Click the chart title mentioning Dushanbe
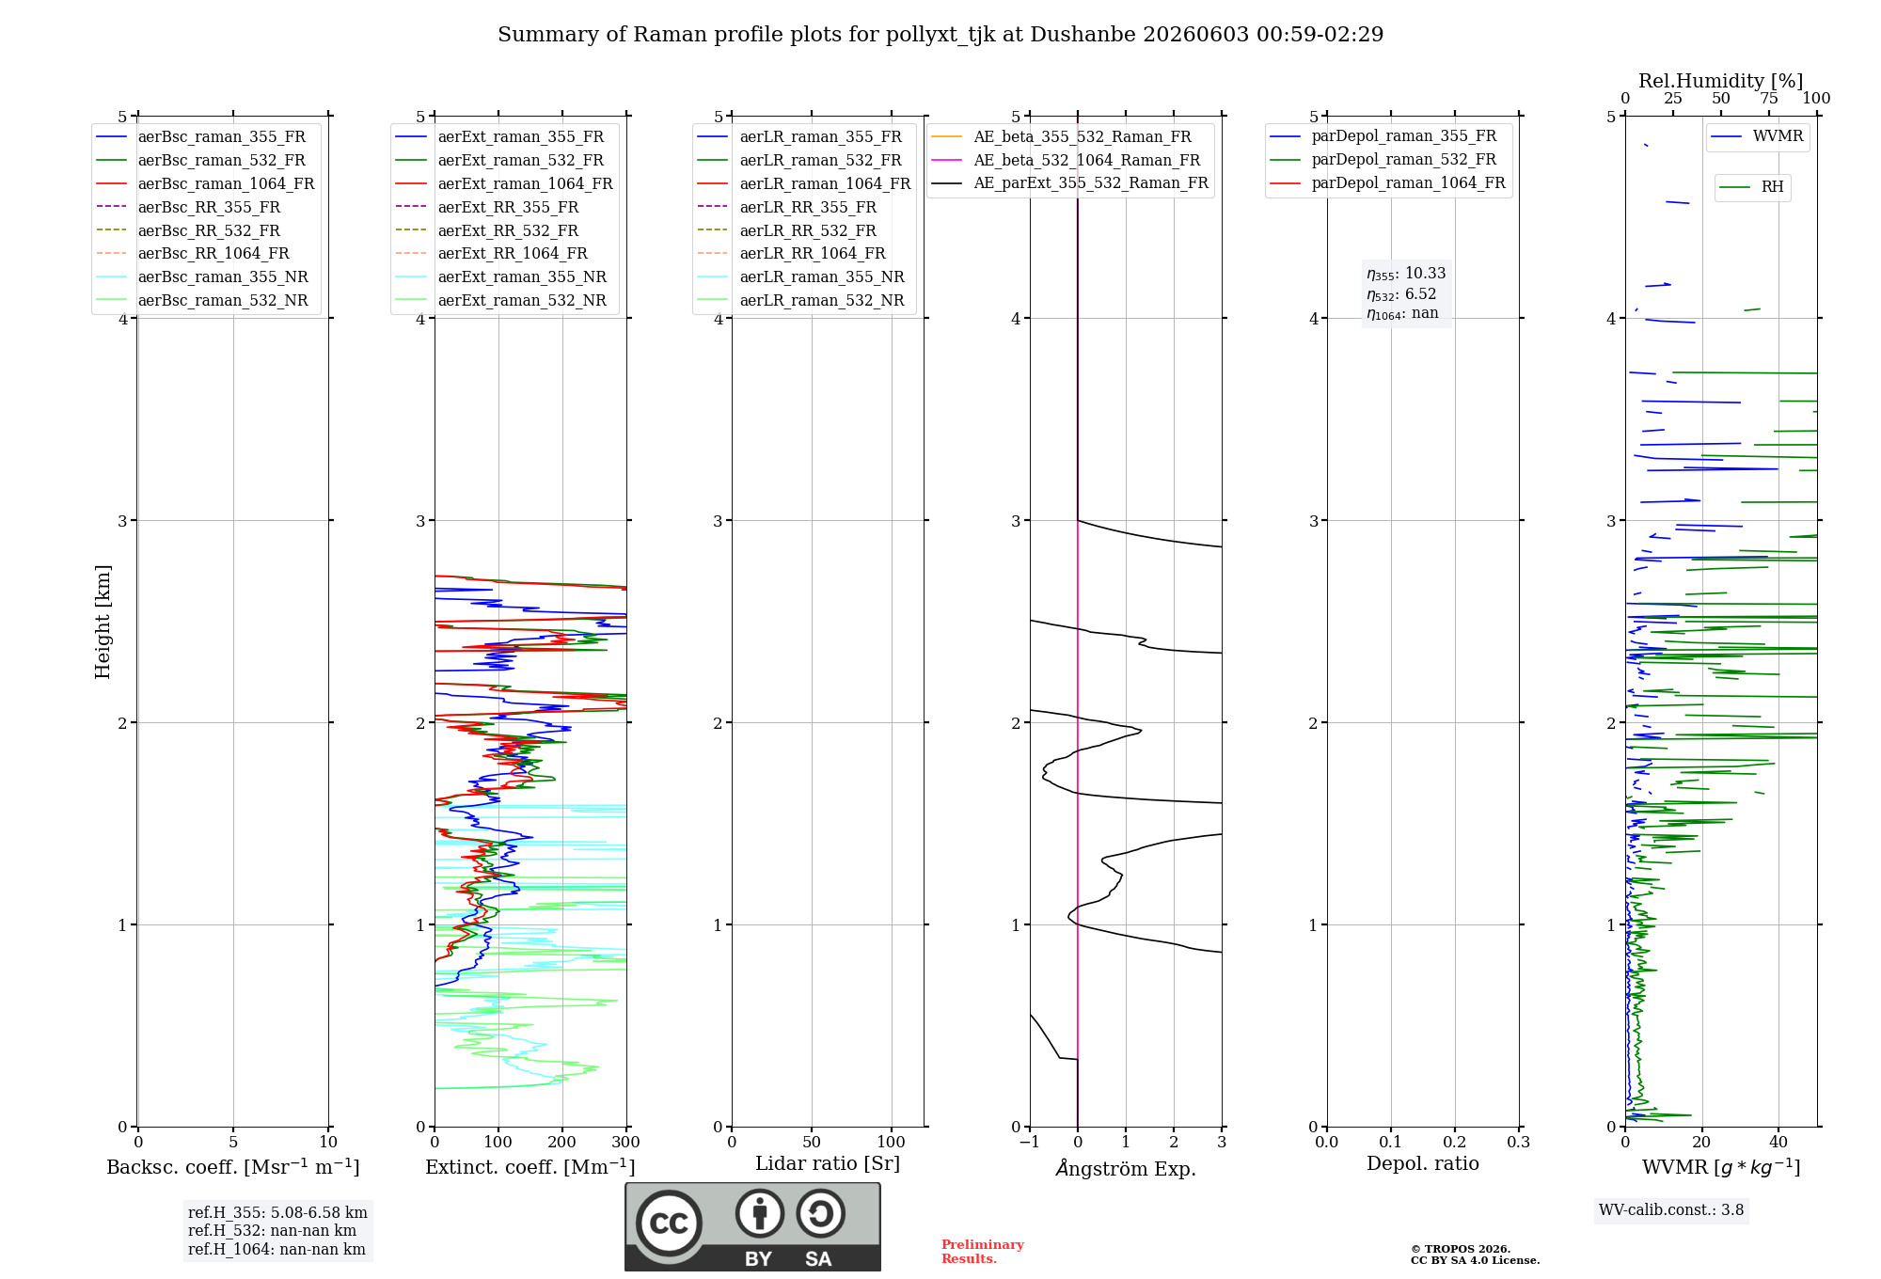coord(940,35)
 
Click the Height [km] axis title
coord(103,622)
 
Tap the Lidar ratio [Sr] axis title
coord(828,1163)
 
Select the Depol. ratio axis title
coord(1423,1163)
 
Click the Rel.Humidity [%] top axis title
coord(1721,81)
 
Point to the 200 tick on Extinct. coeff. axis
coord(562,1142)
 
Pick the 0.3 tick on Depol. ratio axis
coord(1519,1142)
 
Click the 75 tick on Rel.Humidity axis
coord(1769,98)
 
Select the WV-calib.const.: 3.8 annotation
coord(1671,1209)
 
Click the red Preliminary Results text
coord(983,1252)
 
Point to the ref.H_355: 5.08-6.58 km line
coord(277,1212)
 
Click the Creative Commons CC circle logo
coord(669,1223)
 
